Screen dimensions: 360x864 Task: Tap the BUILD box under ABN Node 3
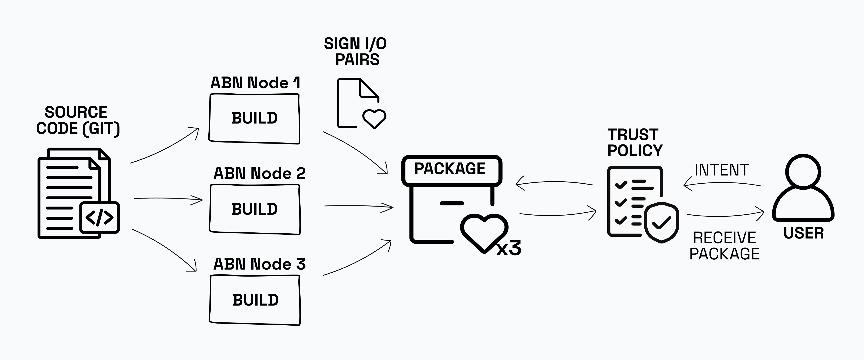255,300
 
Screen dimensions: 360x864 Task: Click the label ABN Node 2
259,173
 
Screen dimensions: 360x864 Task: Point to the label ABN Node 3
259,264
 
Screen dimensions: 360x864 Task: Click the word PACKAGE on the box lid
450,169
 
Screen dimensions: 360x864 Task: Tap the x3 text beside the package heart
508,249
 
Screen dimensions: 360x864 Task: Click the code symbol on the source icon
99,217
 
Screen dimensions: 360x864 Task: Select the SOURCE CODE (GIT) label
77,120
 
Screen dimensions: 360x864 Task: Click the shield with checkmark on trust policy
661,222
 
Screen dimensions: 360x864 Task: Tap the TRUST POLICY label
634,143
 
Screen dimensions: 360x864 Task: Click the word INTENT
721,170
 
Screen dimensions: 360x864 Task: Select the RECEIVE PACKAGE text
724,246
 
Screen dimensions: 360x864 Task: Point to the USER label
803,233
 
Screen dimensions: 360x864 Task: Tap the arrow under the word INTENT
721,184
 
